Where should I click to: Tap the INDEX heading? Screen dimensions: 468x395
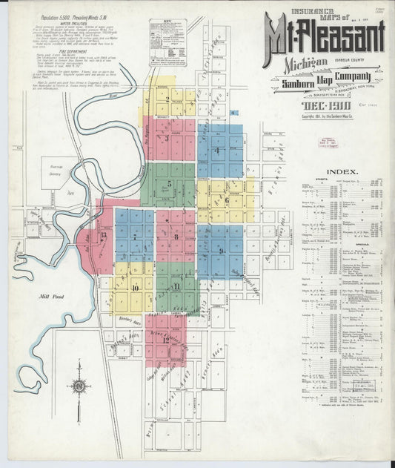tap(345, 171)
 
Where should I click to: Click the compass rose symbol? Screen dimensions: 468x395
tap(79, 386)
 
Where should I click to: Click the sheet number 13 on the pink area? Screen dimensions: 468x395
tap(104, 235)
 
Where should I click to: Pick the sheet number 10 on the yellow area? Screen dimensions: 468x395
tap(135, 287)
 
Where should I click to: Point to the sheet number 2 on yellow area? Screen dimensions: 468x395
tap(167, 99)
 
